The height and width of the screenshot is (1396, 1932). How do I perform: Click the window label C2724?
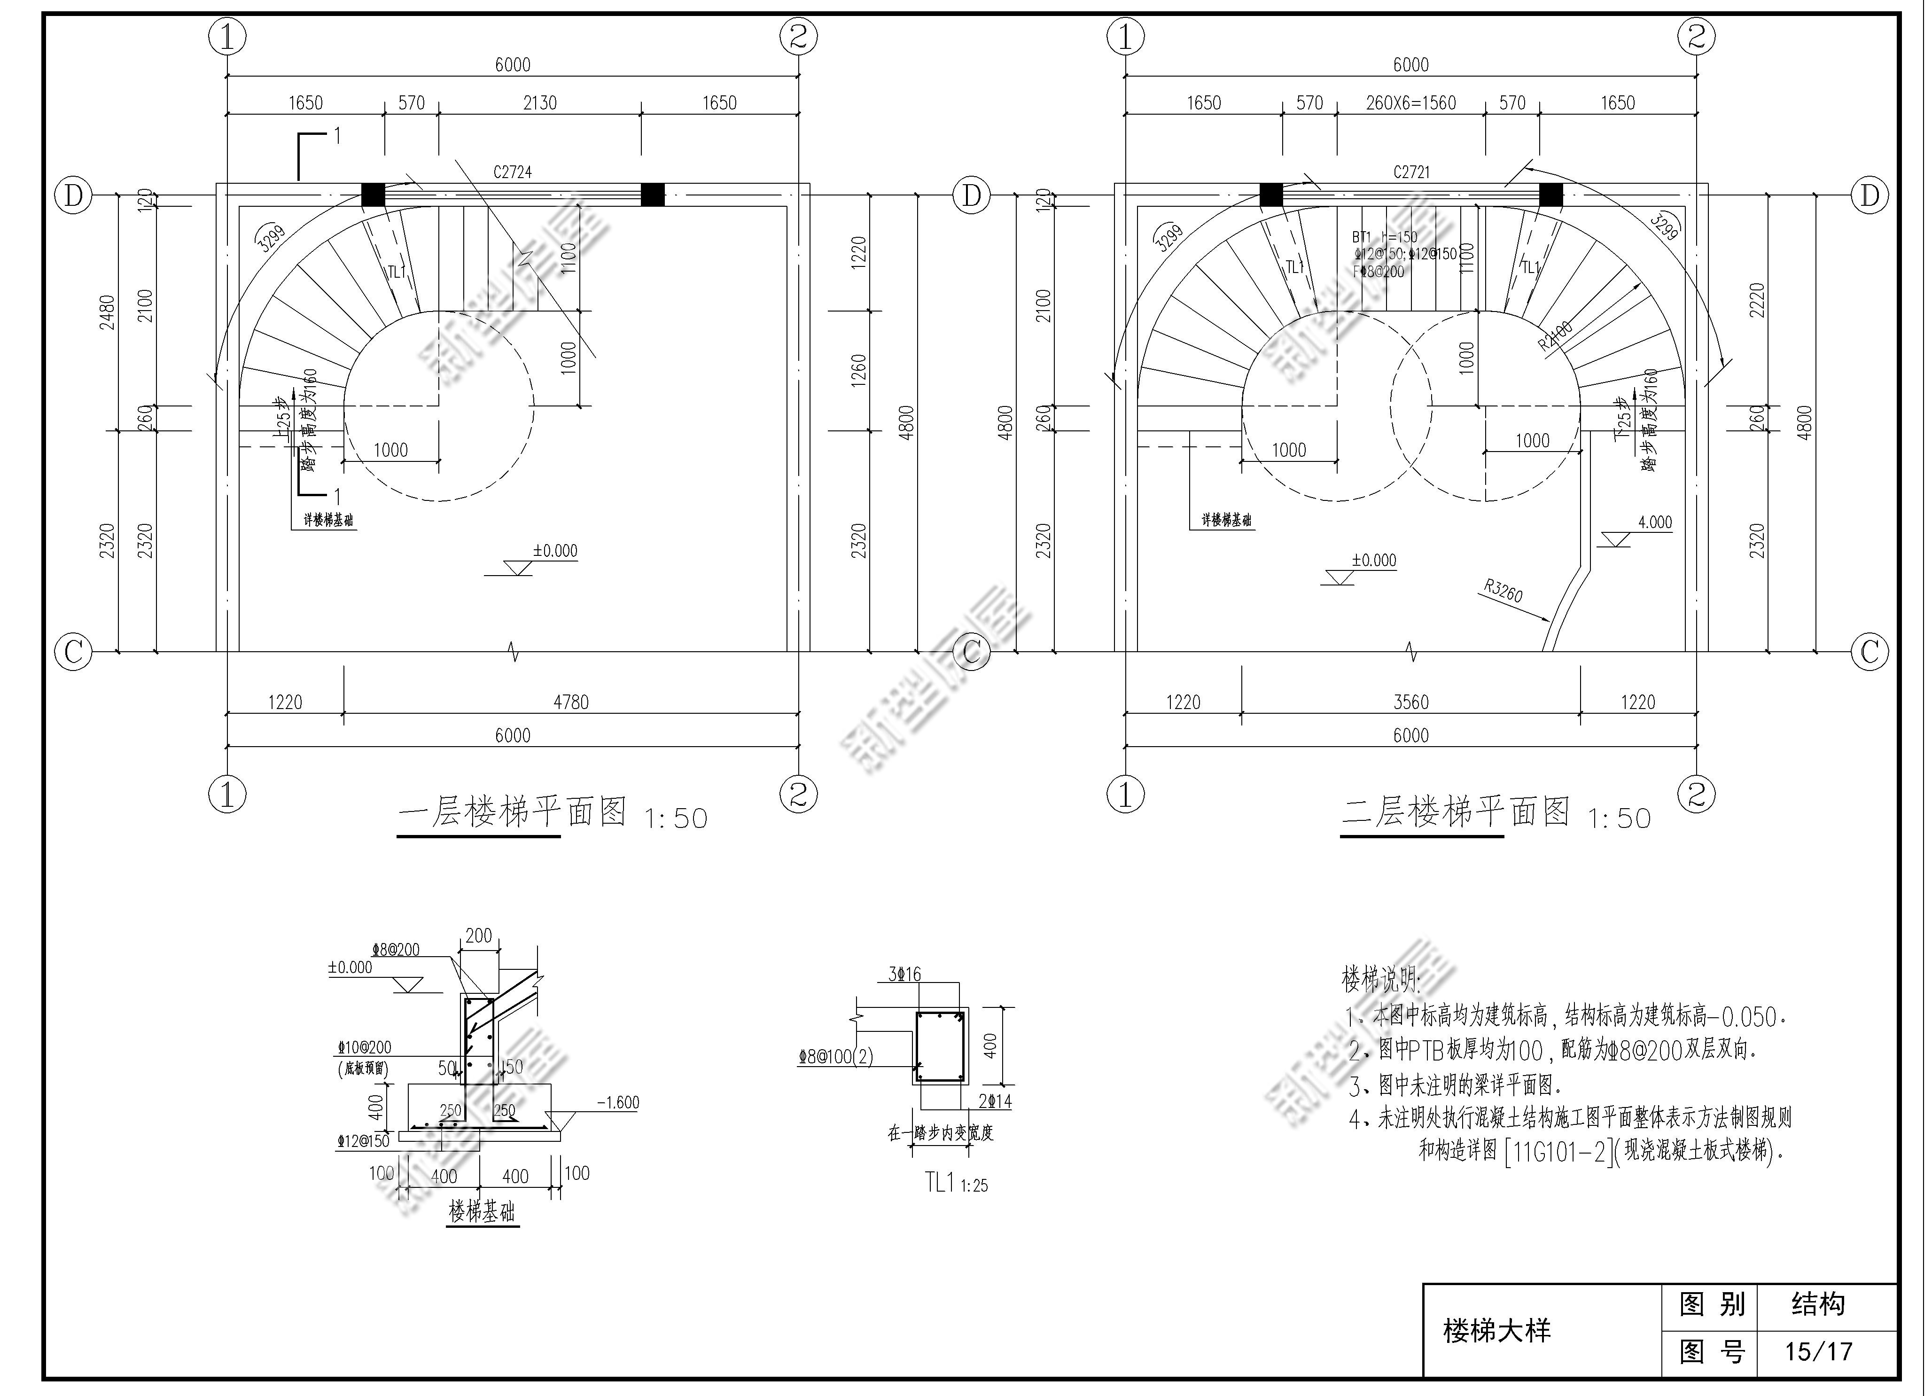[512, 172]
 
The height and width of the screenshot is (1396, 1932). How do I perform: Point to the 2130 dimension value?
[539, 103]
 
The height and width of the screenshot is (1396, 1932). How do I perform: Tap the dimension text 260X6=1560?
[1410, 103]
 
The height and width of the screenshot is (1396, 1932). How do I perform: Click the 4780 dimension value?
[571, 702]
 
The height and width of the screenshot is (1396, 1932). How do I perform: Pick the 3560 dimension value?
[1410, 702]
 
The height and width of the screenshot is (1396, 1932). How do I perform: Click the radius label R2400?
[1556, 336]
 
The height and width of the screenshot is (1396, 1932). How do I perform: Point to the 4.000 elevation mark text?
[1654, 522]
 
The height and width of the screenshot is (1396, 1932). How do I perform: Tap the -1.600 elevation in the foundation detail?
[617, 1102]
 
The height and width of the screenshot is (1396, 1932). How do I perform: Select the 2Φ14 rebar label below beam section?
[994, 1101]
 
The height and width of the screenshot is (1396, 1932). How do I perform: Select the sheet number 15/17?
[1818, 1351]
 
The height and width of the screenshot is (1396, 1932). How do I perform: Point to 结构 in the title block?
[1818, 1304]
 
